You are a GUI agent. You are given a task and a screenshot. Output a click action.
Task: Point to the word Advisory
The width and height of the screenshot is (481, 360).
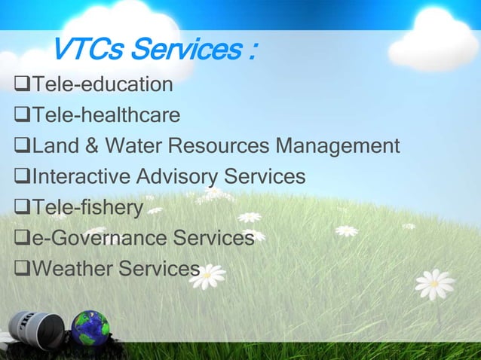[x=176, y=177]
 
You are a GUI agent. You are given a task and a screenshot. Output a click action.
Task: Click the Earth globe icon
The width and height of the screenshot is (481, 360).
[x=90, y=329]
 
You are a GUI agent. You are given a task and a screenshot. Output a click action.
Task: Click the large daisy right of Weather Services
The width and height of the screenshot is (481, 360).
[x=207, y=276]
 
